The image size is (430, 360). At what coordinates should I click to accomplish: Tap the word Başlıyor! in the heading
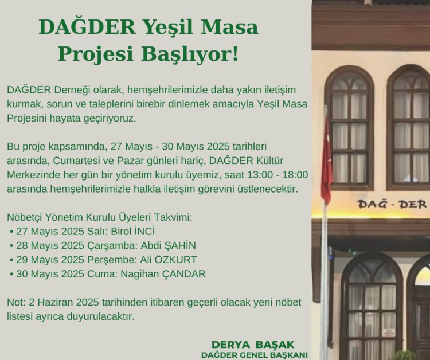(x=190, y=54)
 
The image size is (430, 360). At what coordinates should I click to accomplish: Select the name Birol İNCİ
(x=133, y=232)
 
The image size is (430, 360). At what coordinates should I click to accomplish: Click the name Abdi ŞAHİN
(x=168, y=245)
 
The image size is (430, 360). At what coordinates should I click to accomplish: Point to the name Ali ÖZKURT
(x=169, y=260)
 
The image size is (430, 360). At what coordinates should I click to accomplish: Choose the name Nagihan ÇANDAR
(x=163, y=274)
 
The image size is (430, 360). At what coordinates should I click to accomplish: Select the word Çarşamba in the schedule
(x=112, y=246)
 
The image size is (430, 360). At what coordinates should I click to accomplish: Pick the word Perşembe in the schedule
(x=112, y=260)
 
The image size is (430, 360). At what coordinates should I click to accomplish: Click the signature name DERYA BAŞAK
(x=253, y=345)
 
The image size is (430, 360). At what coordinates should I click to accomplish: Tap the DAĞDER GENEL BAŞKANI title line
(x=254, y=354)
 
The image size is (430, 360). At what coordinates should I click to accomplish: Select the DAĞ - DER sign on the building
(x=392, y=204)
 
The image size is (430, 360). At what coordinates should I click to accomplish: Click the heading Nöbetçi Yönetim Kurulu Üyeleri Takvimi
(x=100, y=217)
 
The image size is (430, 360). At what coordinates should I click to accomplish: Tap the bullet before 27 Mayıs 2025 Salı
(x=11, y=232)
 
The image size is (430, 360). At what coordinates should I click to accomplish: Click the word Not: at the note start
(x=16, y=302)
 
